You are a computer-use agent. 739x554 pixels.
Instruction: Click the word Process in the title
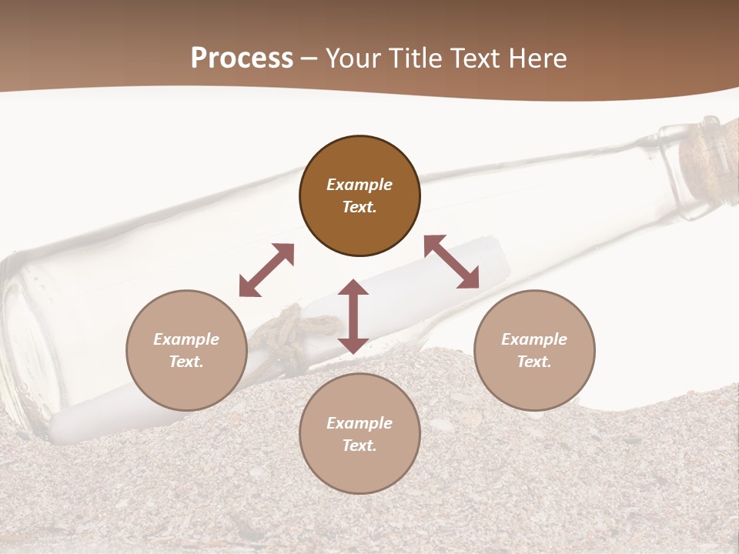tap(242, 58)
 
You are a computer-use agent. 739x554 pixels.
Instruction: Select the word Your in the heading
tap(355, 58)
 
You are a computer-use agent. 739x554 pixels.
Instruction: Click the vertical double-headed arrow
tap(353, 316)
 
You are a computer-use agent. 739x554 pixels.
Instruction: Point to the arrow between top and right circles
tap(452, 262)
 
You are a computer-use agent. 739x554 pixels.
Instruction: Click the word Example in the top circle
tap(359, 185)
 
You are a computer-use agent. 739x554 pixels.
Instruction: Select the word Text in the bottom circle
tap(359, 446)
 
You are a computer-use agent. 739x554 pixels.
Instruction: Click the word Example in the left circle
tap(186, 339)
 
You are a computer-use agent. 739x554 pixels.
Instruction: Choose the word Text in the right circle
tap(533, 362)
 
